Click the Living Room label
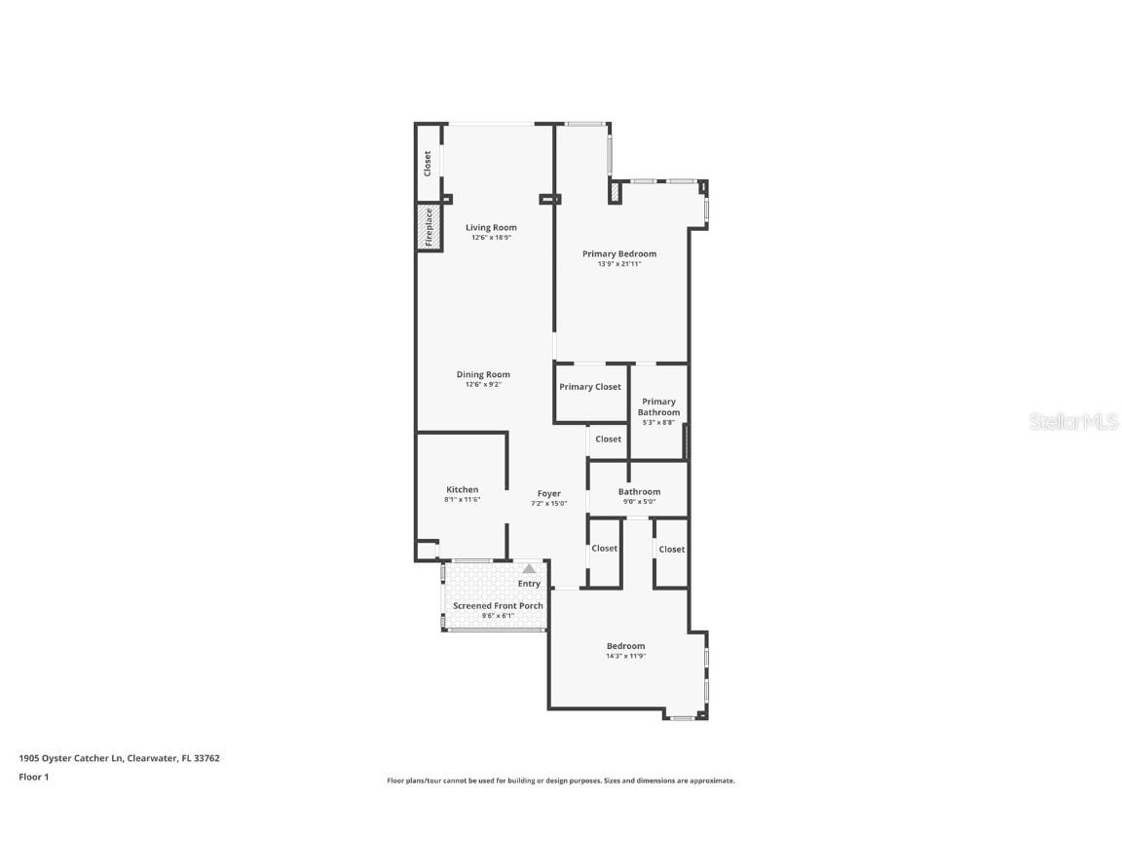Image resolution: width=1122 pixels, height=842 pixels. coord(491,227)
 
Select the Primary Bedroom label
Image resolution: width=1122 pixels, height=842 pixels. coord(619,253)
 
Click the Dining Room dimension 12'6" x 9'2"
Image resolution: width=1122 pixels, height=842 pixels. coord(483,385)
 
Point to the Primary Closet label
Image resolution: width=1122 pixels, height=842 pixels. coord(590,387)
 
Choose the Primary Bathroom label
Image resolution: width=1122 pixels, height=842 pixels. coord(658,406)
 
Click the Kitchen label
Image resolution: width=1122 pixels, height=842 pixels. coord(463,489)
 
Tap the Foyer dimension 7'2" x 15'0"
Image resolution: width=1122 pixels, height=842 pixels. coord(548,504)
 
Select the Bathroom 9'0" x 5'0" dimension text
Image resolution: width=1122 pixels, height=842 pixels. coord(639,502)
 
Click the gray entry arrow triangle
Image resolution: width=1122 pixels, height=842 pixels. coord(529,568)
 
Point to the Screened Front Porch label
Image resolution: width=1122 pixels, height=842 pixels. coord(498,605)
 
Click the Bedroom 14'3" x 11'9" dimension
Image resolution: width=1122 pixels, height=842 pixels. coord(625,656)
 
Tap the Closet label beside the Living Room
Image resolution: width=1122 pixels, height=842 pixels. coord(428,163)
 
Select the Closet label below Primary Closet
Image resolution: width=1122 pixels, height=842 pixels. coord(608,439)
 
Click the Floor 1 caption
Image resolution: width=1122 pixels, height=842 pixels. coord(33,777)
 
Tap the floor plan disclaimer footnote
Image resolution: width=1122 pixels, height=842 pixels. coord(561,781)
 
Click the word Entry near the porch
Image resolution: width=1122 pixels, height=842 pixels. coord(529,584)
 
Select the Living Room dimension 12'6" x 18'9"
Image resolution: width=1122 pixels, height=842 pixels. coord(491,238)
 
